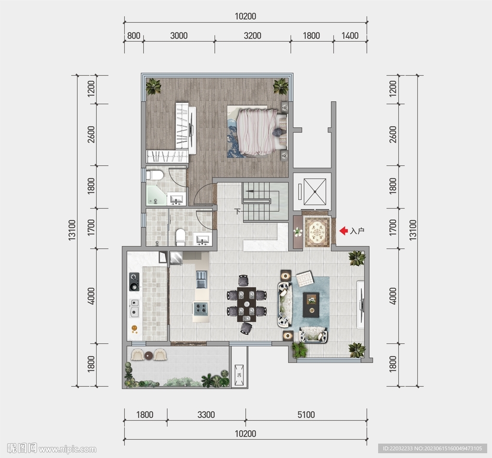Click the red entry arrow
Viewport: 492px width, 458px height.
click(x=344, y=231)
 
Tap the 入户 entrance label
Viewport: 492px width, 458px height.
click(x=357, y=231)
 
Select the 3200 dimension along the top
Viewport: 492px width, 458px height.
click(x=252, y=36)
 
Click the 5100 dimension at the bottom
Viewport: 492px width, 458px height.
click(x=306, y=414)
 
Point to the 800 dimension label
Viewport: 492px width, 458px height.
click(x=134, y=36)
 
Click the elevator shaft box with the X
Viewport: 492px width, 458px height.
click(x=315, y=192)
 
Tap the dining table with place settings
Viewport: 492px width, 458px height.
click(x=246, y=304)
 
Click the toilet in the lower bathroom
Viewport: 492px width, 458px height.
click(x=180, y=237)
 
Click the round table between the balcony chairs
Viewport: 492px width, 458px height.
click(x=149, y=355)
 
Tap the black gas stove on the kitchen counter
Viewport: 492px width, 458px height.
click(x=135, y=281)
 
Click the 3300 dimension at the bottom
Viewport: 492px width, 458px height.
click(x=206, y=414)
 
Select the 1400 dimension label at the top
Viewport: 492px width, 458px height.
click(x=350, y=36)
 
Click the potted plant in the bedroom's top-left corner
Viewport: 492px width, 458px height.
click(x=153, y=86)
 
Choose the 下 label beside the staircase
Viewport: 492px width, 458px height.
click(x=237, y=211)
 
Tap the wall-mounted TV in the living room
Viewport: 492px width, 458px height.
click(x=361, y=304)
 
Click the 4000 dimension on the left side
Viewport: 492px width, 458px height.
click(x=91, y=296)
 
